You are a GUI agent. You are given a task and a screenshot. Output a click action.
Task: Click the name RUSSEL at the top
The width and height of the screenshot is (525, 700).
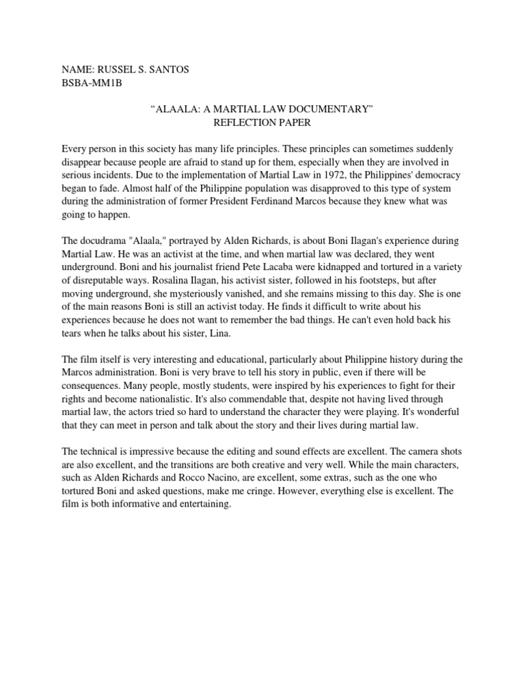point(120,70)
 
